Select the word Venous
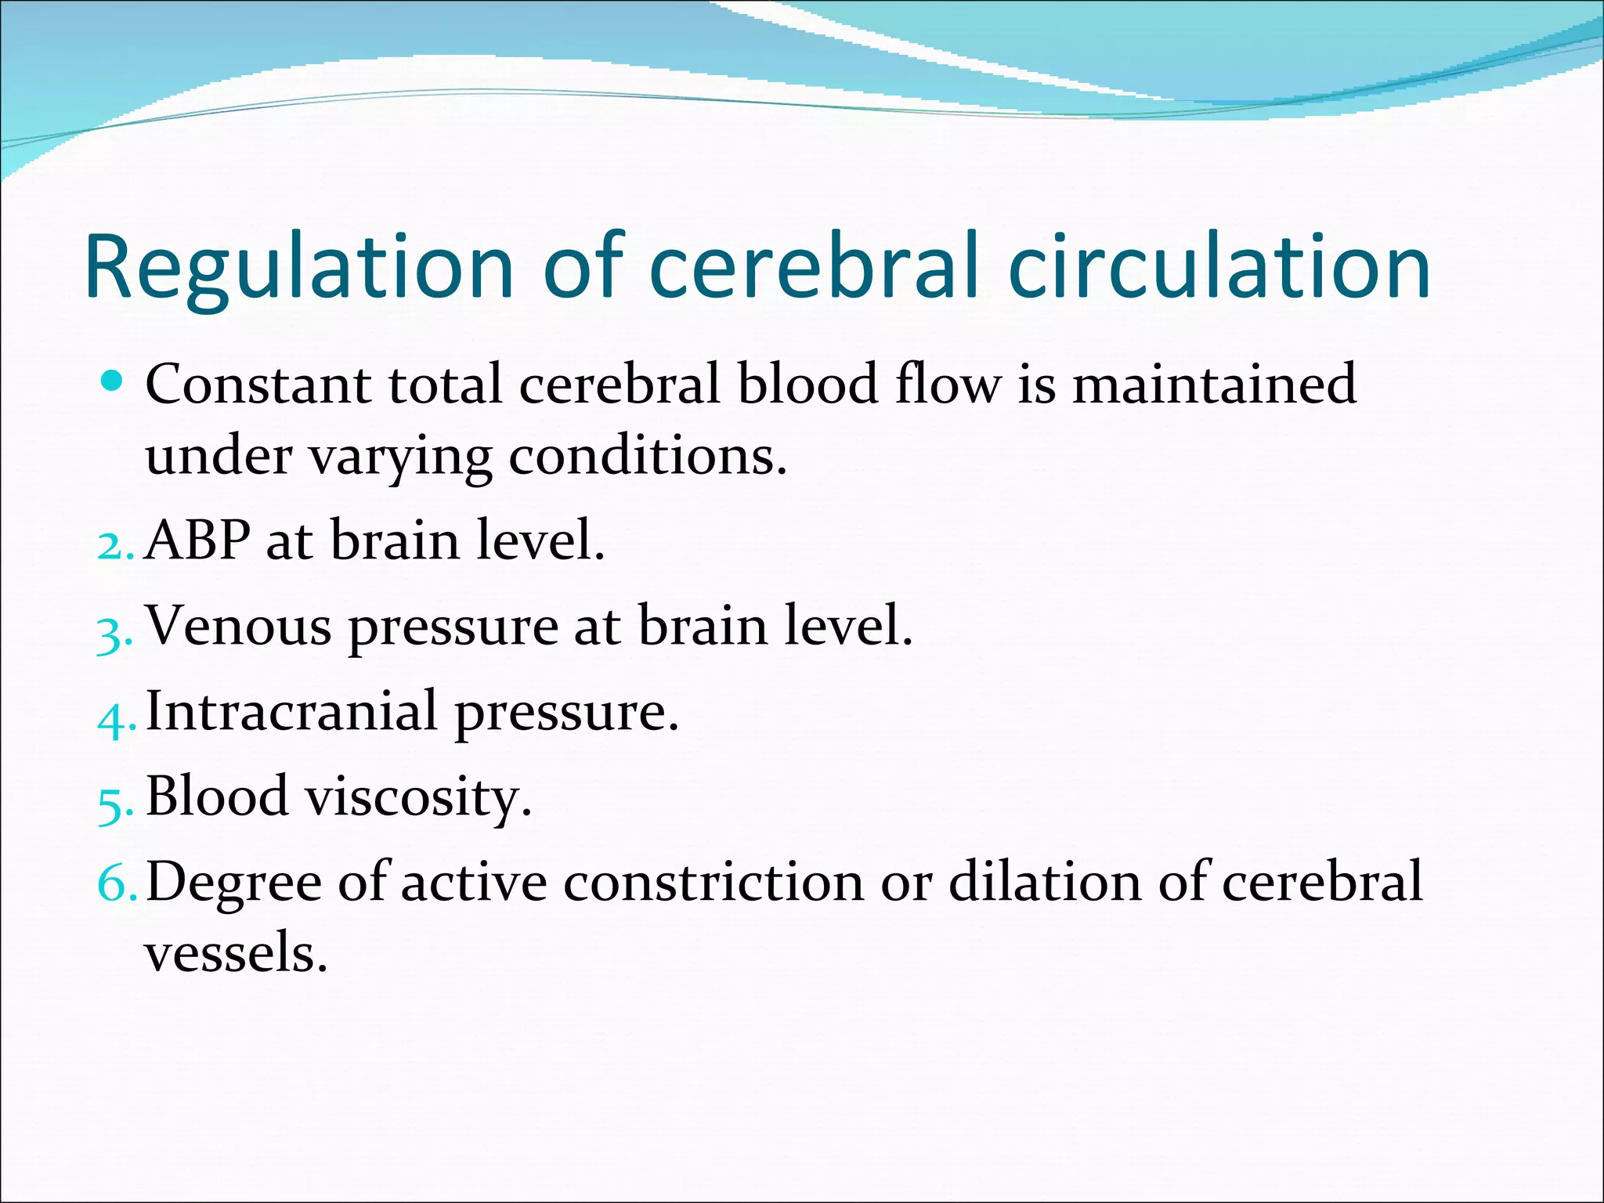click(239, 627)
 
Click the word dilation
click(1045, 883)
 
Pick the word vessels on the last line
click(235, 954)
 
